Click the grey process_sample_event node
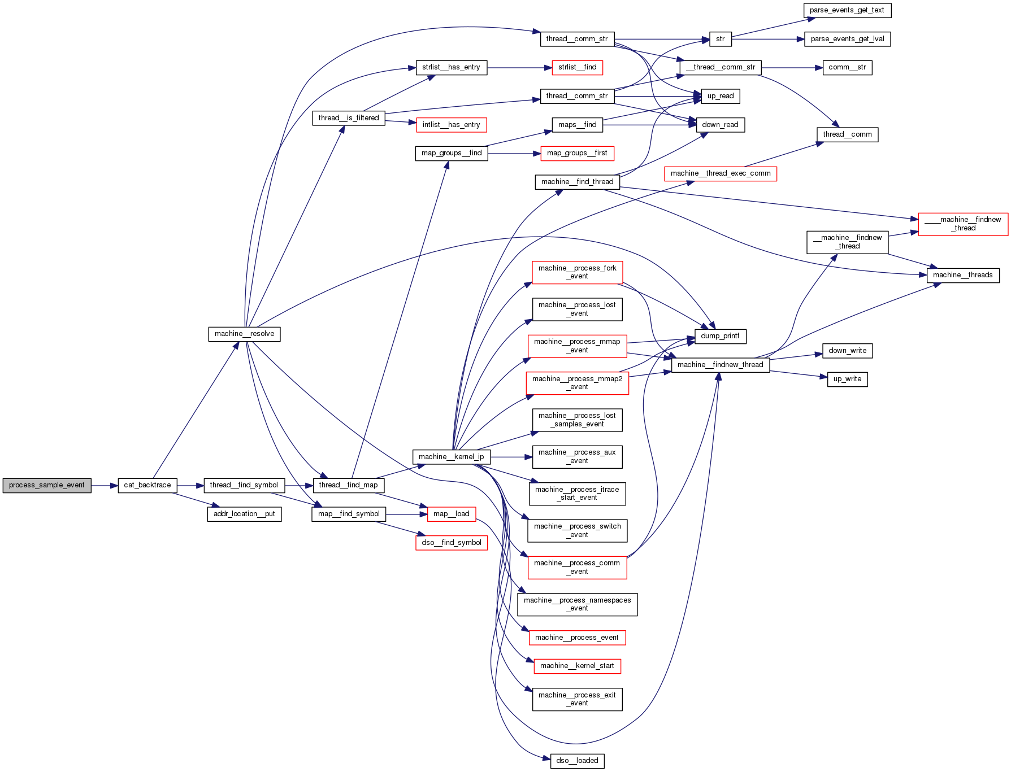click(x=46, y=485)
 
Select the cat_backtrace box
click(x=147, y=485)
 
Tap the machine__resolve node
click(x=244, y=334)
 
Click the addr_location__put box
click(x=244, y=514)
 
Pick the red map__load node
click(x=451, y=514)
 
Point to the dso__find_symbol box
click(x=451, y=543)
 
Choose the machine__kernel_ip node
click(x=451, y=457)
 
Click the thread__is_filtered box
click(x=348, y=118)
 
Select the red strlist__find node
click(x=577, y=67)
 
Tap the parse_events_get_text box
click(x=847, y=10)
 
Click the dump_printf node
click(x=720, y=336)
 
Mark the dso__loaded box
click(x=577, y=761)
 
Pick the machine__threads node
click(x=962, y=275)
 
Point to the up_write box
click(x=847, y=379)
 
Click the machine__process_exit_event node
click(x=577, y=699)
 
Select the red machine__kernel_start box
click(x=577, y=666)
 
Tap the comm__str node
click(x=847, y=67)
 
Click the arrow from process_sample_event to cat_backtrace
click(x=105, y=485)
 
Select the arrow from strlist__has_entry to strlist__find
click(x=519, y=68)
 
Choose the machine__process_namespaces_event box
click(x=577, y=604)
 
